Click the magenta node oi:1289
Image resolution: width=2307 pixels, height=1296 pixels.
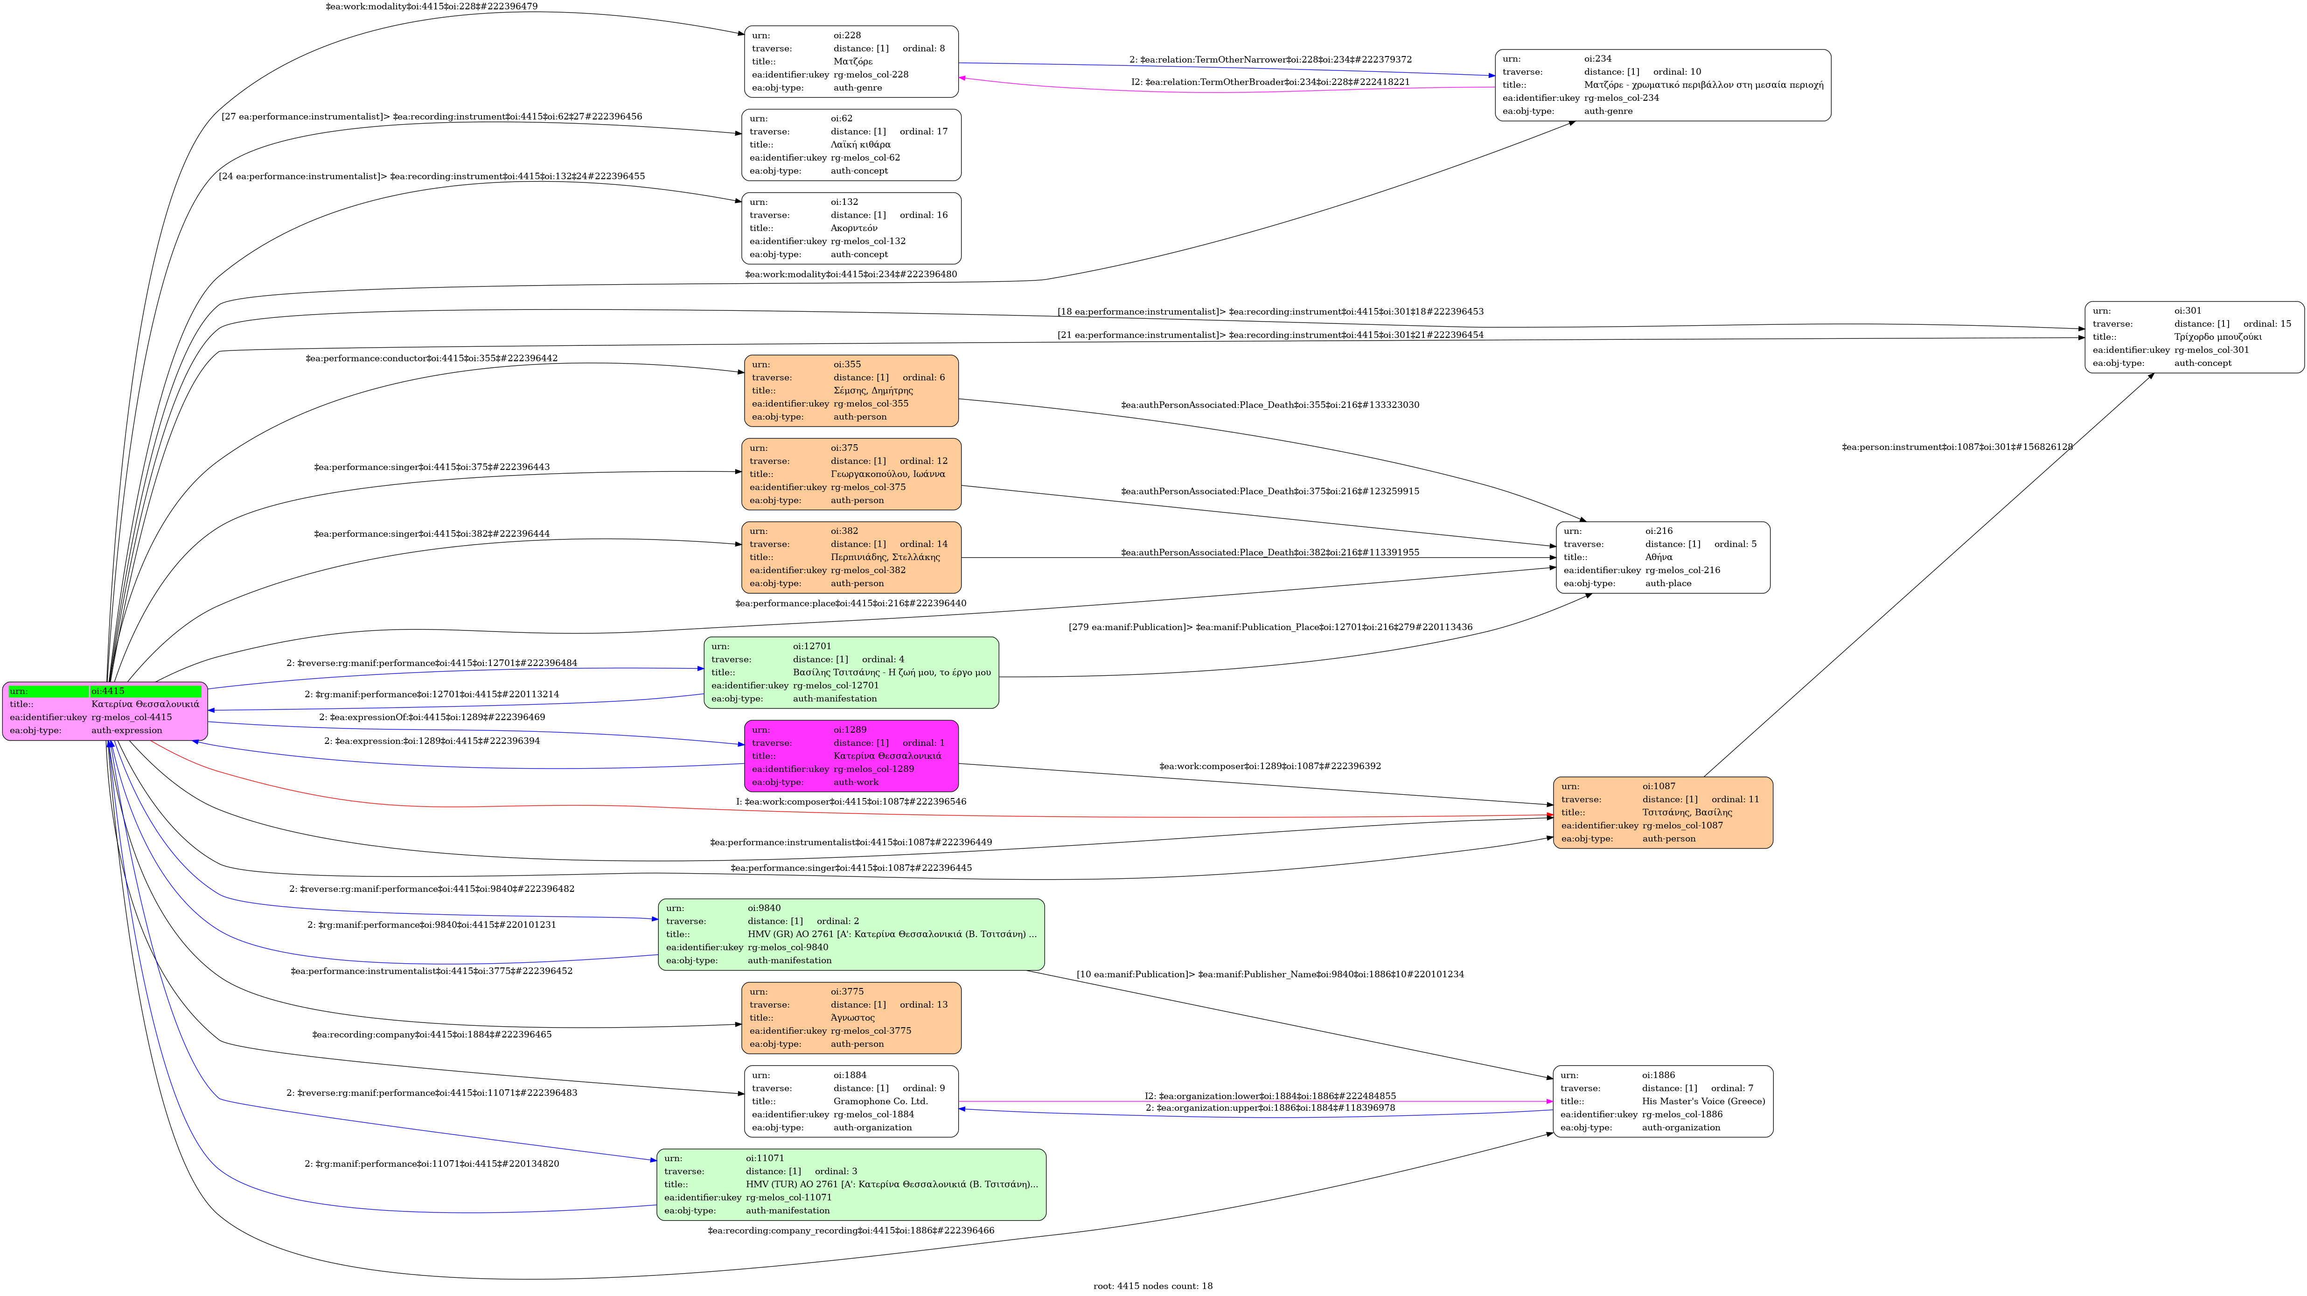point(851,756)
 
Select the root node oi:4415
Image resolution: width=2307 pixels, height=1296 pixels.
point(105,711)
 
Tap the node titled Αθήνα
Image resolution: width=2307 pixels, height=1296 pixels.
point(1662,557)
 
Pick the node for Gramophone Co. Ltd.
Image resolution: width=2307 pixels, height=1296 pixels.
point(851,1101)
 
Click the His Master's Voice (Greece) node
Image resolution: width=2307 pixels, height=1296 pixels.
point(1662,1101)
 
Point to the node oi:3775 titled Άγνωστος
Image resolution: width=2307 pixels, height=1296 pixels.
point(851,1017)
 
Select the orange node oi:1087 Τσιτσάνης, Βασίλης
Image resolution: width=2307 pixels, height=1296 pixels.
point(1662,813)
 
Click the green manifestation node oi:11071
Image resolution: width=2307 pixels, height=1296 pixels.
point(851,1184)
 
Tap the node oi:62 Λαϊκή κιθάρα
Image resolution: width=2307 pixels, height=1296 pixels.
point(851,144)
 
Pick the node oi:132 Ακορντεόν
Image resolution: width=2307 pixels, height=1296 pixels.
point(851,227)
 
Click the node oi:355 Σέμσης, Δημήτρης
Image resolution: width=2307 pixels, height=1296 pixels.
point(851,391)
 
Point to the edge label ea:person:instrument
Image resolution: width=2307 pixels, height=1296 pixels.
point(1957,447)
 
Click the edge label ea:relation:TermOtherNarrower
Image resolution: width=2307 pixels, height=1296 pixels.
point(1270,60)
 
